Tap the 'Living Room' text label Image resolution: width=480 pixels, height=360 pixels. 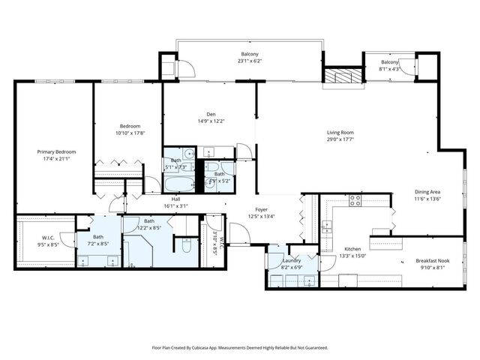click(340, 132)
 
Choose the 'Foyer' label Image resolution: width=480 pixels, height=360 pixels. click(261, 210)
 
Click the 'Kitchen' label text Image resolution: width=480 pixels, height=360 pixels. click(353, 249)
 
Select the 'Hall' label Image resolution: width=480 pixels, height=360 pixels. click(175, 199)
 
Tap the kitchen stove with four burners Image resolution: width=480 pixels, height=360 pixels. click(355, 201)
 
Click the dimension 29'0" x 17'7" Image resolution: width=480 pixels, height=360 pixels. click(340, 139)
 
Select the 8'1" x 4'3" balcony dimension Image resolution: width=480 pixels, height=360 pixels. click(390, 68)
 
